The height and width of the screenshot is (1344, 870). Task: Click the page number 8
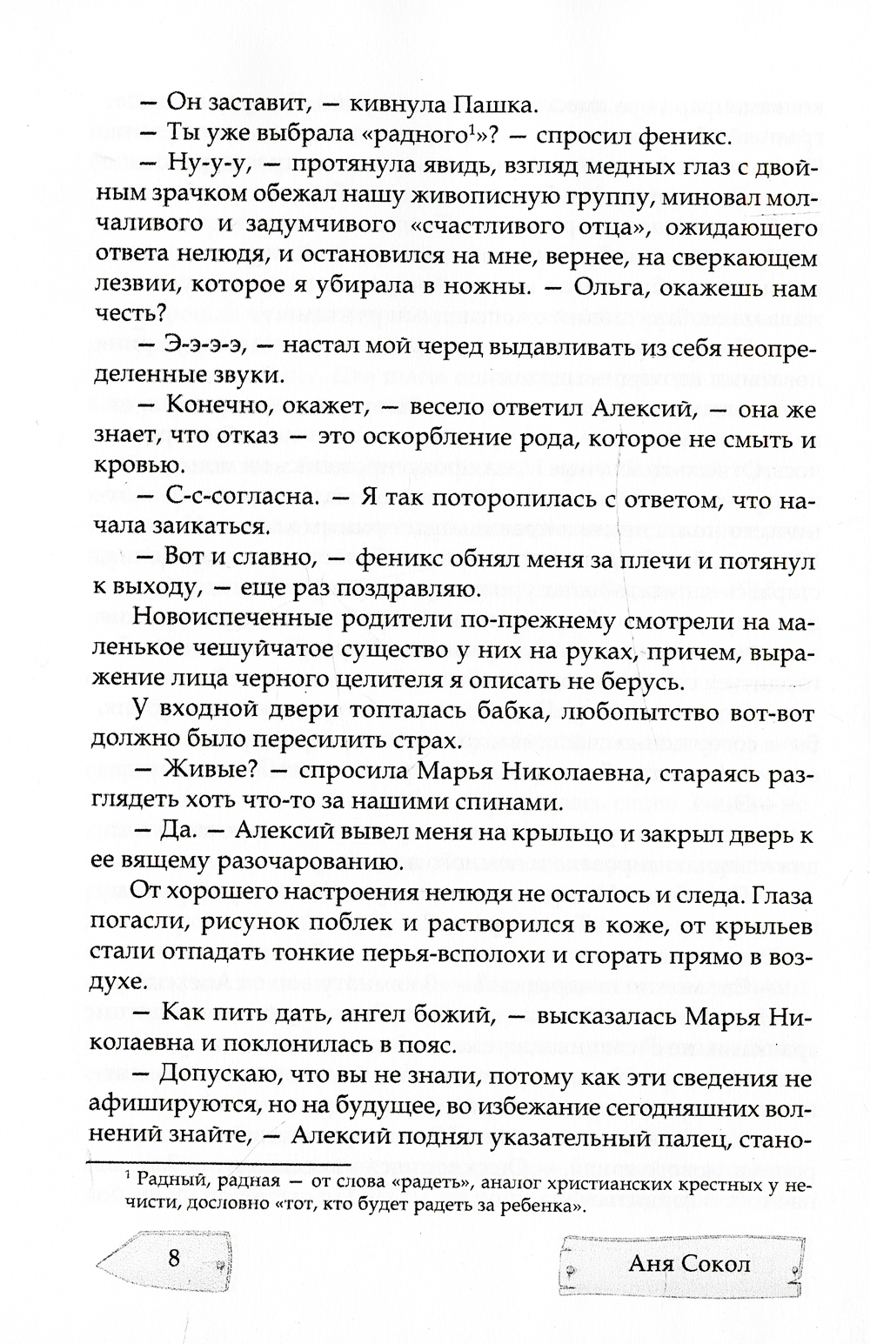174,1259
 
